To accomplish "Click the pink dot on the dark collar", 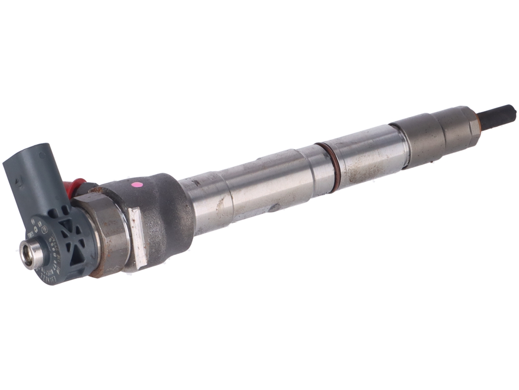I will [x=138, y=184].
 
